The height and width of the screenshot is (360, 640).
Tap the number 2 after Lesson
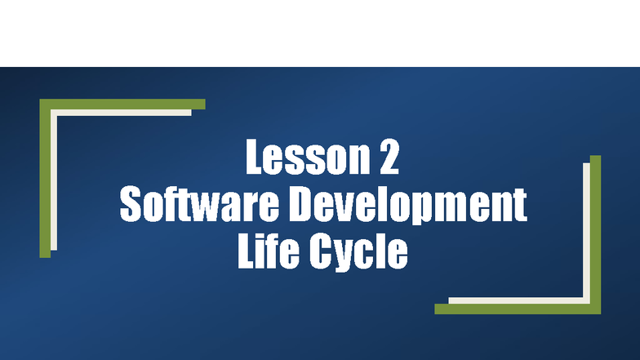[x=389, y=158]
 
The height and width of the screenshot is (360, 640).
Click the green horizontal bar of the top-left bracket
[x=122, y=104]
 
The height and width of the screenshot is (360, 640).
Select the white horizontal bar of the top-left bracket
[x=122, y=113]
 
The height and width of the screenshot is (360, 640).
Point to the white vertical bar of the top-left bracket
[x=54, y=180]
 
